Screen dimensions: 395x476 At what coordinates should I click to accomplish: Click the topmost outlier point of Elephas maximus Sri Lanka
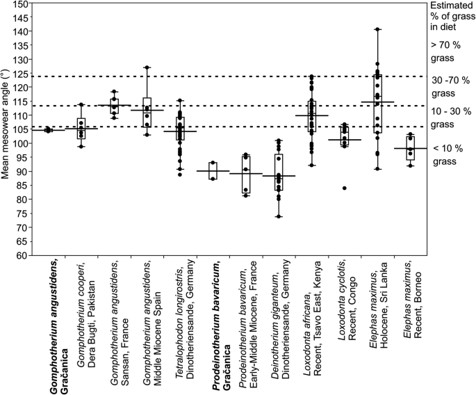click(377, 29)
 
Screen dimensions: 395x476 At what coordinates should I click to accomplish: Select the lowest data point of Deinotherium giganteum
click(279, 216)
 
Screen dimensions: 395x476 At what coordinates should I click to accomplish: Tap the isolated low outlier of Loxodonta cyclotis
click(345, 188)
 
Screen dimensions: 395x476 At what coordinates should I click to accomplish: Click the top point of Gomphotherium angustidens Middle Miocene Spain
click(147, 67)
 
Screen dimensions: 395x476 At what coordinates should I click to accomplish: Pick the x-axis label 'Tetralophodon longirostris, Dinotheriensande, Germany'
click(184, 315)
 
